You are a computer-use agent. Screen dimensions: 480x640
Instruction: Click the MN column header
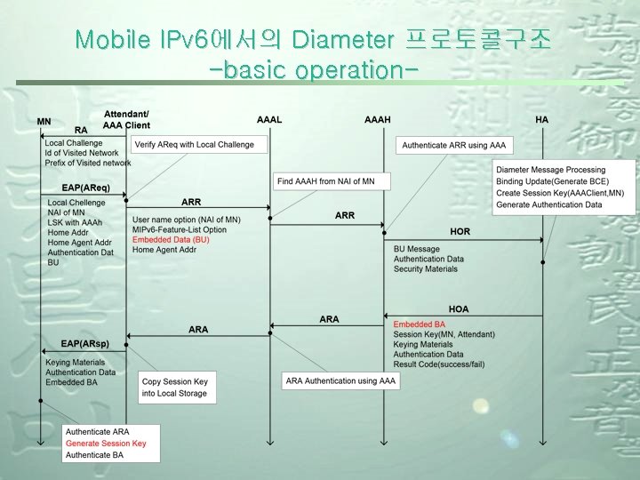[x=44, y=121]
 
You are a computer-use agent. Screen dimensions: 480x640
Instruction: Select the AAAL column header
[x=269, y=119]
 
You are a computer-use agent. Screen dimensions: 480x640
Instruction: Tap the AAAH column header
[x=377, y=119]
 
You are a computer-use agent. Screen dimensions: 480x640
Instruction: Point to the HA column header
[x=542, y=119]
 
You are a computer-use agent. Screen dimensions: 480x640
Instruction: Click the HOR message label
[x=460, y=231]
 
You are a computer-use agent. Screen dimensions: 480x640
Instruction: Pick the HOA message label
[x=459, y=308]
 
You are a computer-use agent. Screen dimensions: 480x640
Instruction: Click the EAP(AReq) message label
[x=85, y=188]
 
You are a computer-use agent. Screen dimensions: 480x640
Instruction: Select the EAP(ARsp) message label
[x=85, y=342]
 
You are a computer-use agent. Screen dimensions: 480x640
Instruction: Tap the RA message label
[x=81, y=131]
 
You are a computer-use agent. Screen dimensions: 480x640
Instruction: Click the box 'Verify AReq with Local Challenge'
[x=194, y=145]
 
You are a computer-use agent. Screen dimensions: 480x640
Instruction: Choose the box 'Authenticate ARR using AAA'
[x=453, y=145]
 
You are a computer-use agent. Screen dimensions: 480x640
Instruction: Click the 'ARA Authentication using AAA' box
[x=340, y=380]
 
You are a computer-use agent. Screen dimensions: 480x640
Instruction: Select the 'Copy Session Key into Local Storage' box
[x=175, y=387]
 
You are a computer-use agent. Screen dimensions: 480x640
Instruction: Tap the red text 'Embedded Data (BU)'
[x=171, y=240]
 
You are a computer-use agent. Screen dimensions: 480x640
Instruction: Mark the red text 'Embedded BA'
[x=420, y=324]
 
